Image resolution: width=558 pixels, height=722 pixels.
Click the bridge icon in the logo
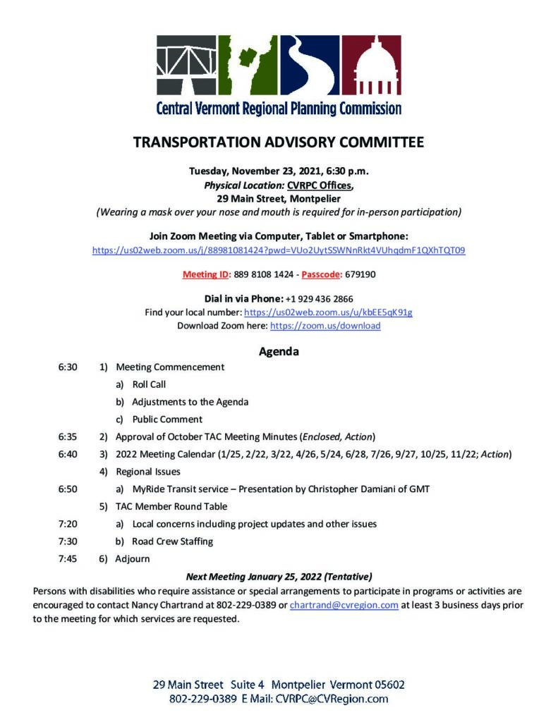[186, 66]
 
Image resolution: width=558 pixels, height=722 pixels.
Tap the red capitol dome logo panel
[372, 66]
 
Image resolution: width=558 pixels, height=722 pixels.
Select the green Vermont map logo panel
[247, 66]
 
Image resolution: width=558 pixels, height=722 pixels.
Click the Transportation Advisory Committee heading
[279, 142]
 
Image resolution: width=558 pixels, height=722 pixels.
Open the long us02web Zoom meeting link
[279, 250]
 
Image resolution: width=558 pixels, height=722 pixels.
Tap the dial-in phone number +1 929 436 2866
[320, 299]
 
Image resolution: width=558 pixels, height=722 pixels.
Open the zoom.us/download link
[325, 326]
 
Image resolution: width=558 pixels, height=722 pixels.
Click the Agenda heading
[279, 351]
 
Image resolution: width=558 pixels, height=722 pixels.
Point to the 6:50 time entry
[68, 488]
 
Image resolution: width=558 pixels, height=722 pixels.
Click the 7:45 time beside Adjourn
[68, 558]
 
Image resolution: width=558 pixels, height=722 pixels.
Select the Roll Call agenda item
[149, 384]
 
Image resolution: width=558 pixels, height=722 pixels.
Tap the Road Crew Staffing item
[172, 541]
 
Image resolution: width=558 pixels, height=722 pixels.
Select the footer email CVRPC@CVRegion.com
[332, 699]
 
